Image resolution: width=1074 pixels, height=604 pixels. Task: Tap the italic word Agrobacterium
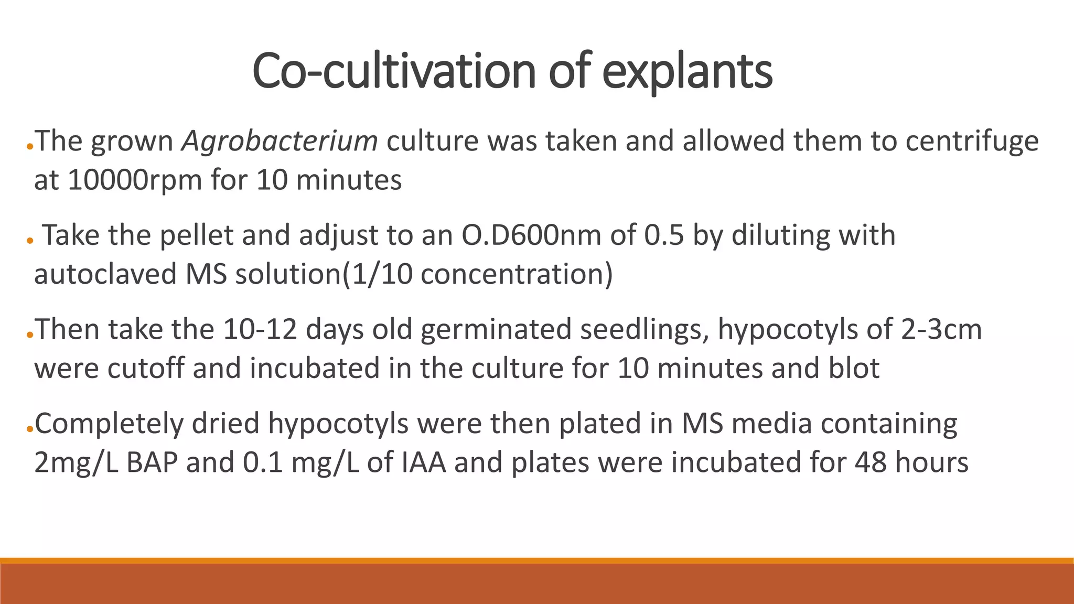[x=280, y=141]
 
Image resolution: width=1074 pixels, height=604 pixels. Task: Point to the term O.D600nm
[x=531, y=235]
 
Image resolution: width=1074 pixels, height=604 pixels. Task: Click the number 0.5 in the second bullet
[x=664, y=235]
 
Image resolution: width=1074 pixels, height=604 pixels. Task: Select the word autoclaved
[x=105, y=274]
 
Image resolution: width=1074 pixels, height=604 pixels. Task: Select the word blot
[x=854, y=369]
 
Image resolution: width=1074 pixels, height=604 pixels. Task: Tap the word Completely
[x=109, y=424]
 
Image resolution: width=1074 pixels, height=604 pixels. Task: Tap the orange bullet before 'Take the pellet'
[x=30, y=241]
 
